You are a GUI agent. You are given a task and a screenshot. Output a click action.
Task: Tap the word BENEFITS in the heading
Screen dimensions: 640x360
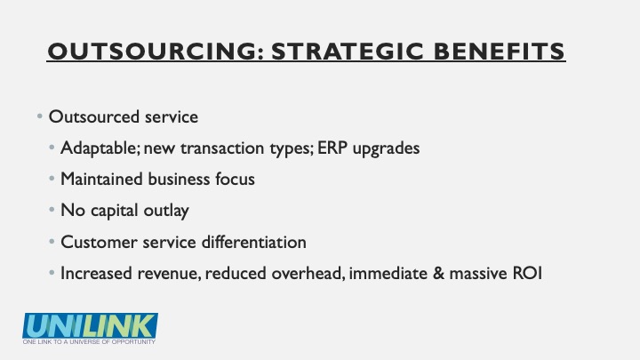[x=499, y=52]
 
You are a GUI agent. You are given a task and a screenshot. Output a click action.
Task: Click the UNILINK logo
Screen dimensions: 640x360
[x=90, y=325]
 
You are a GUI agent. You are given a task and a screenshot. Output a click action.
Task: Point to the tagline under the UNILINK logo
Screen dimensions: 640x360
[x=89, y=341]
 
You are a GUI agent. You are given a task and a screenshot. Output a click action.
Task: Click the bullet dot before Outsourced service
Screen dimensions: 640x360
[x=40, y=116]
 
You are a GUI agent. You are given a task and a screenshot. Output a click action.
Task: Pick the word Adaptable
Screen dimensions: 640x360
[x=100, y=148]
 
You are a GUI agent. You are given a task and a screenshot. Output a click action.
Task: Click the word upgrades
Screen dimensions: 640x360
[x=386, y=148]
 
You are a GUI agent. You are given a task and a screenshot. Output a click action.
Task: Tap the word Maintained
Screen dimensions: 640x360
[x=101, y=179]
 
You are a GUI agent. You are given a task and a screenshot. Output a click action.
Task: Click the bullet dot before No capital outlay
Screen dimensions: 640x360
[x=52, y=210]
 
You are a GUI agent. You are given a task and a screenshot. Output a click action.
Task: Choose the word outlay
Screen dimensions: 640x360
[x=166, y=211]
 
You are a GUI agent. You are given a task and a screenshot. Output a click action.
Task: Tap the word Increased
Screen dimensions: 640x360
[x=96, y=273]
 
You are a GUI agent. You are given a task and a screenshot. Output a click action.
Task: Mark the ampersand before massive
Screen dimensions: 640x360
[x=438, y=273]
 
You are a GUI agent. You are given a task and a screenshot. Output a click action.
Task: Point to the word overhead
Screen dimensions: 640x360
[x=308, y=273]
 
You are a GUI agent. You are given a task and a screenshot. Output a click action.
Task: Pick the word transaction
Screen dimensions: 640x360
[x=222, y=148]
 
